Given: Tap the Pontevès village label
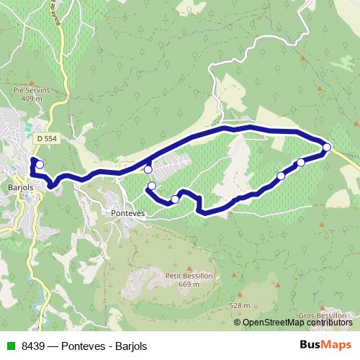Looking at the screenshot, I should click(x=129, y=214).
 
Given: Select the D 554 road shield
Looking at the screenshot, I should click(x=45, y=137).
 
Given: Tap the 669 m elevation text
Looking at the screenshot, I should click(x=188, y=284).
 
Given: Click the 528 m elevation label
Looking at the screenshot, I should click(x=241, y=305).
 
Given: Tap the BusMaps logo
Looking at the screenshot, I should click(x=325, y=345).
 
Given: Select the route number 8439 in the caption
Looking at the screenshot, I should click(x=32, y=346).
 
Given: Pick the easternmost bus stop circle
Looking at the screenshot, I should click(x=327, y=147).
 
